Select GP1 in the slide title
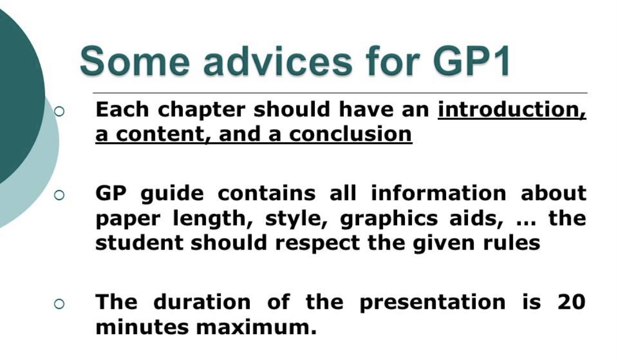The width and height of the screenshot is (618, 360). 472,60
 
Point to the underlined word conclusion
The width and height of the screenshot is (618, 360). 351,134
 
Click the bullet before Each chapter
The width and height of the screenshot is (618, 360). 59,112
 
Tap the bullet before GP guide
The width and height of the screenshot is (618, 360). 59,195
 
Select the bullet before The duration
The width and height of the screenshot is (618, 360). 59,303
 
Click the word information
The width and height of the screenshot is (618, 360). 439,193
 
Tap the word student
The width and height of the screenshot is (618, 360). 139,242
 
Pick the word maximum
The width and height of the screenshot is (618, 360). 256,328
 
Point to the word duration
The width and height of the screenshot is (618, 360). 202,302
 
